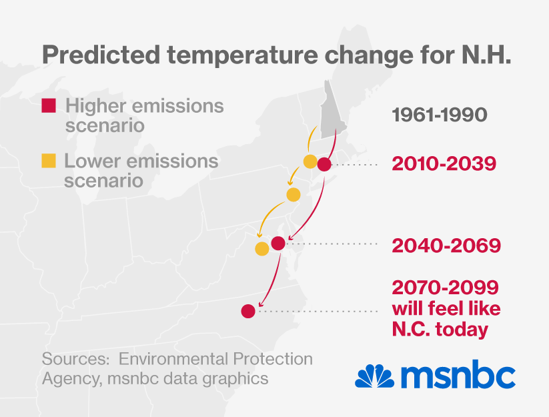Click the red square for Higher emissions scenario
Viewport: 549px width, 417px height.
click(49, 105)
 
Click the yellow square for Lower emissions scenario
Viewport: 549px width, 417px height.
click(49, 161)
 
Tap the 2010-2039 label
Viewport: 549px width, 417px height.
click(444, 163)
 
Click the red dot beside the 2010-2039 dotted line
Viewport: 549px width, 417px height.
click(324, 164)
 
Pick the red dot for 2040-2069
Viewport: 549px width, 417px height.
click(279, 244)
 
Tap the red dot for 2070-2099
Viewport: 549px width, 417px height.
click(248, 311)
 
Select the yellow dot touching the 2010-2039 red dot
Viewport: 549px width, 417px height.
click(310, 161)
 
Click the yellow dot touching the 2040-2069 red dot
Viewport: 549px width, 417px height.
click(262, 249)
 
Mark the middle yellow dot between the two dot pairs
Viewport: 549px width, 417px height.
click(294, 194)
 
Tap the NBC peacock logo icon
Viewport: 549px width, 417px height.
click(373, 376)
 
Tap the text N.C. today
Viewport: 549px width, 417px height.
click(440, 330)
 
